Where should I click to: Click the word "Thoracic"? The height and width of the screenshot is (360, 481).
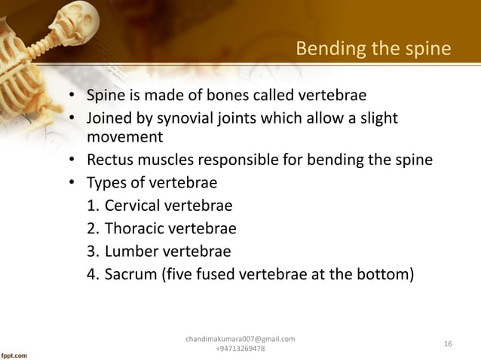click(x=136, y=228)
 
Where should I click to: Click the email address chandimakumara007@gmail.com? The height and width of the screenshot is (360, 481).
click(x=240, y=339)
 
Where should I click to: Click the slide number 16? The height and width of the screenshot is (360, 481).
click(x=448, y=344)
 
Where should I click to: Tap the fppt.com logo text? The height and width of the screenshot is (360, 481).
click(x=16, y=353)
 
